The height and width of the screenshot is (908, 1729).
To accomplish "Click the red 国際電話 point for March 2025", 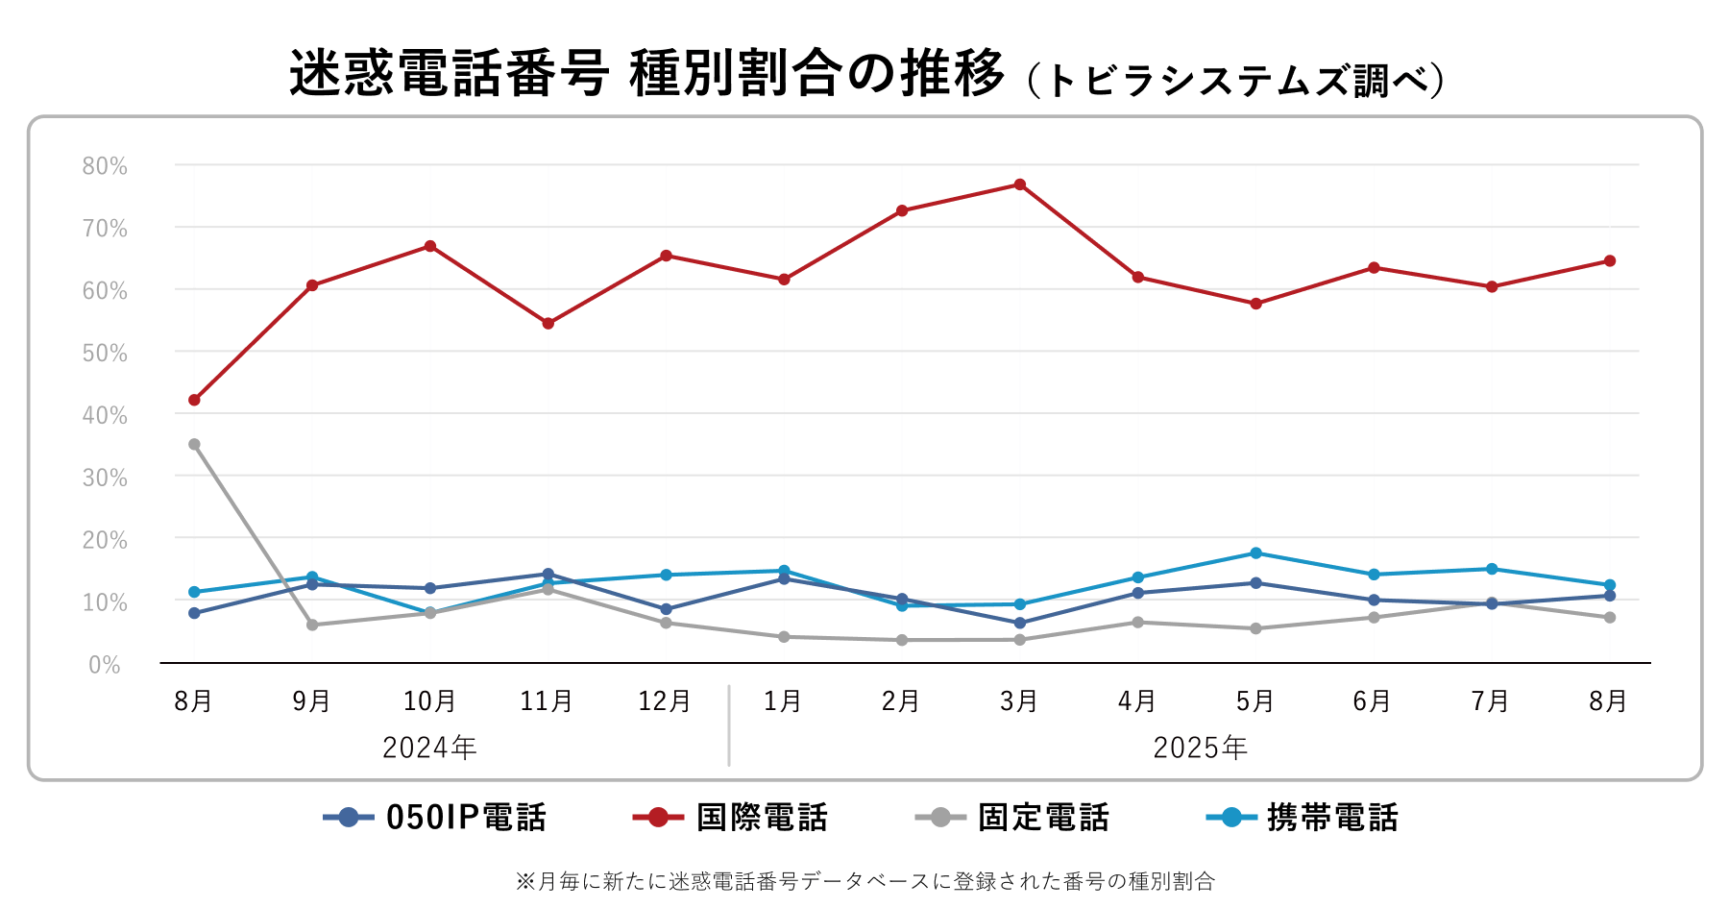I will [1020, 184].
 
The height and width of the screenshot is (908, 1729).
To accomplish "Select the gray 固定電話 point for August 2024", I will [194, 444].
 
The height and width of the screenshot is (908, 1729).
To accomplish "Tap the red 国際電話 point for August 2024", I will [194, 400].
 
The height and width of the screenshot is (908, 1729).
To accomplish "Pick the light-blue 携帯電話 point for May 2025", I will [1255, 553].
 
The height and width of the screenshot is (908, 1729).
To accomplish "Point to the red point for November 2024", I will [548, 324].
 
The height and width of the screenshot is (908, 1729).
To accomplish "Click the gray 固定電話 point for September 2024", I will [312, 625].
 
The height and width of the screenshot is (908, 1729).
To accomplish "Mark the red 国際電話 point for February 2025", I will [902, 210].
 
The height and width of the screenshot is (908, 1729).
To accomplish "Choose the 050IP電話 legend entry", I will [435, 818].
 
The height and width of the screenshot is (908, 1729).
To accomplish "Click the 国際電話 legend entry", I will [730, 818].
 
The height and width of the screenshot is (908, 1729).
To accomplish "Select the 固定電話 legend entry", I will [1012, 818].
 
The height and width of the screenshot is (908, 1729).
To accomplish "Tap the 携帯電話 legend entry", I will [1303, 818].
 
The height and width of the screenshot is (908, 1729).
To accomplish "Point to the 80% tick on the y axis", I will [105, 166].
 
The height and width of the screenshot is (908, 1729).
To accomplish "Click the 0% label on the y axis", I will [105, 665].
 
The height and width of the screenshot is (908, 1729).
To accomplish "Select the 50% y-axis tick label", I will [105, 353].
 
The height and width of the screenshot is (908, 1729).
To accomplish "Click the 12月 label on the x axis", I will [665, 701].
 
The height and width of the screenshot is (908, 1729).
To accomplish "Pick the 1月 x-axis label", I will [783, 701].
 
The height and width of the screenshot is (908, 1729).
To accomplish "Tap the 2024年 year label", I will [429, 748].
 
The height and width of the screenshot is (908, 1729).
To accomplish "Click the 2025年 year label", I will [1200, 748].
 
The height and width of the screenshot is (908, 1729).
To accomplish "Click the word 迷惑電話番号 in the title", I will [450, 73].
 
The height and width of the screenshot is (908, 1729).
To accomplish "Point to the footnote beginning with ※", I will [864, 880].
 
